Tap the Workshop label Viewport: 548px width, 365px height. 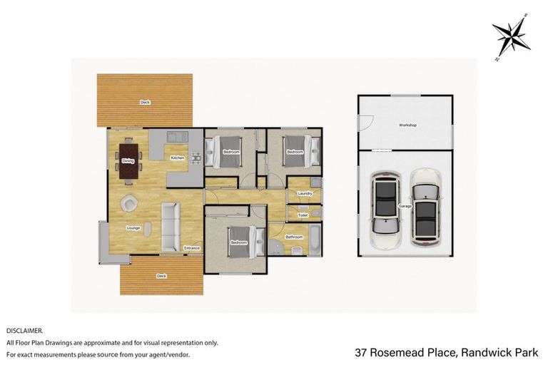tap(407, 125)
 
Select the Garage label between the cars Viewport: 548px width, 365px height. tap(405, 207)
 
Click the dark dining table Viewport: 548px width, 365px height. tap(128, 161)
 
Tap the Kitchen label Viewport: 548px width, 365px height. tap(177, 158)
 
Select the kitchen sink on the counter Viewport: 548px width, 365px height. tap(176, 135)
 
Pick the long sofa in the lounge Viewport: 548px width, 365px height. tap(170, 227)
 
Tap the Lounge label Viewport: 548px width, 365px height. tap(133, 228)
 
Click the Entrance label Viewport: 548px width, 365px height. tap(192, 248)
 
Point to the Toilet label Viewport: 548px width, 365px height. tap(303, 214)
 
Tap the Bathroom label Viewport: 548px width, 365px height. tap(294, 237)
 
